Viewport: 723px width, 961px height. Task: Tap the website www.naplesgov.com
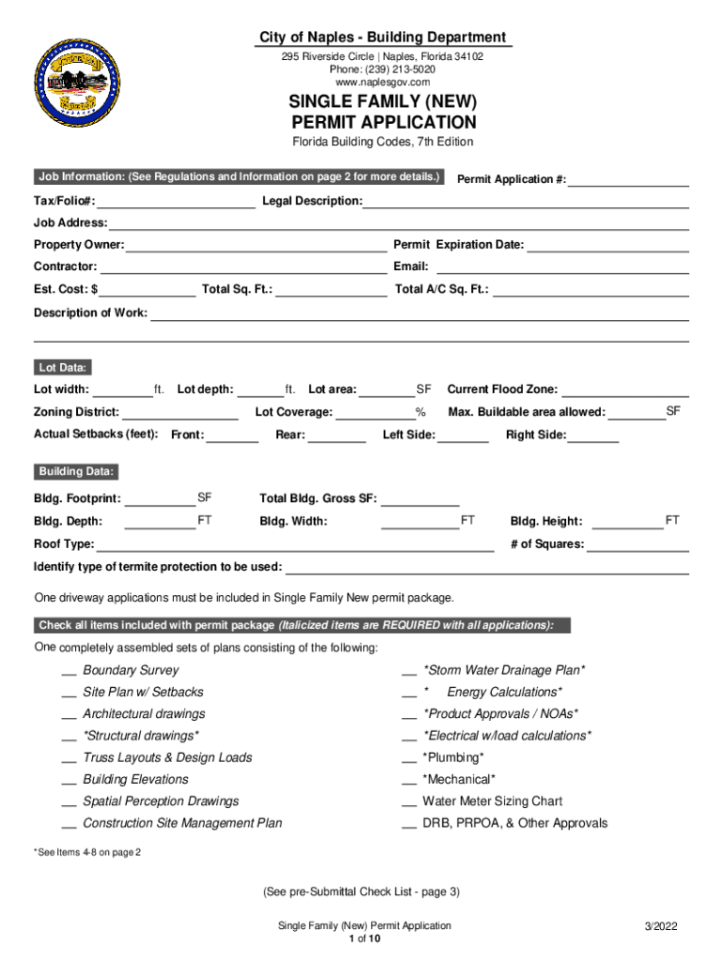[381, 83]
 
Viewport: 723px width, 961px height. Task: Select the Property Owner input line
[256, 246]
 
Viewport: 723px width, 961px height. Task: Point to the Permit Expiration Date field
[608, 246]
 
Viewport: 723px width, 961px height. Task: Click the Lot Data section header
[63, 368]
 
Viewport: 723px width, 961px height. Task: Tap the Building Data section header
[76, 471]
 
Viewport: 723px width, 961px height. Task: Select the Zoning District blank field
[179, 413]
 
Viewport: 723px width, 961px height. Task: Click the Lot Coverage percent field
[376, 413]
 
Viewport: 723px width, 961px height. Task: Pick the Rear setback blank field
[337, 435]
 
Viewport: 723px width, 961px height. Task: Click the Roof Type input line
[295, 545]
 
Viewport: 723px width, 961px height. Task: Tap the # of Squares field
[638, 545]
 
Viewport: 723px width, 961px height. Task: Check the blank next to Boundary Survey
[69, 671]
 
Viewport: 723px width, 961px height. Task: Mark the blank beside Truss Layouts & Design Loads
[69, 758]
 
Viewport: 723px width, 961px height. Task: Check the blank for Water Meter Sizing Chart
[409, 802]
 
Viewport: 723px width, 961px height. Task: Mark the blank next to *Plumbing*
[409, 758]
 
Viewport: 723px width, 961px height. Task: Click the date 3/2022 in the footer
[661, 926]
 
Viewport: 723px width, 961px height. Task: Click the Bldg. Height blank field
[627, 522]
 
